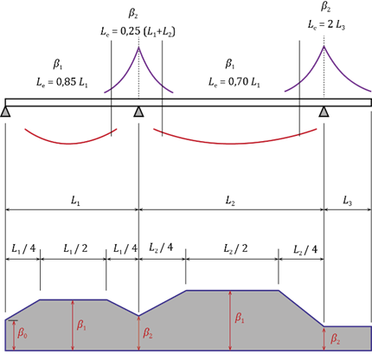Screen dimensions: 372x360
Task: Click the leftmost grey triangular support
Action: click(5, 112)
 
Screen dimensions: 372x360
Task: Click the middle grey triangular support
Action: click(138, 112)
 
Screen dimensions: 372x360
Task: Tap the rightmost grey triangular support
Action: click(324, 112)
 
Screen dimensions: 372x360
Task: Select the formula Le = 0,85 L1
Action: click(62, 82)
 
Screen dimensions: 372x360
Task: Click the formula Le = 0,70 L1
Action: click(234, 82)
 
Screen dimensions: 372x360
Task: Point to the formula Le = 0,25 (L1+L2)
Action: click(138, 31)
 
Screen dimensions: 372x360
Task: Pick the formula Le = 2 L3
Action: click(326, 24)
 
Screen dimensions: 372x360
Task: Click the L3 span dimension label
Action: click(347, 201)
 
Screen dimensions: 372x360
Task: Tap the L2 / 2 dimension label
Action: click(235, 248)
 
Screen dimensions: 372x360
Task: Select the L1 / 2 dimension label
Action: click(75, 248)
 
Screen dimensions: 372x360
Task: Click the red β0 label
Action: click(22, 333)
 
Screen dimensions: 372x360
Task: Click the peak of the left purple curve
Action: click(138, 47)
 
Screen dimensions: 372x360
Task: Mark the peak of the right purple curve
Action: click(324, 46)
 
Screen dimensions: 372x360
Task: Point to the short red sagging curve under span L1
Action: click(68, 144)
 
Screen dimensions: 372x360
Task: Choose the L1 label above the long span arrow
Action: click(75, 201)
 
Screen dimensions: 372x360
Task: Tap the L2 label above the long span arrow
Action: click(230, 201)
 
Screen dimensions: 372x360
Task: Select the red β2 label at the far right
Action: click(335, 338)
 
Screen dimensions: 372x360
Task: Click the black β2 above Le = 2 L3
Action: click(326, 7)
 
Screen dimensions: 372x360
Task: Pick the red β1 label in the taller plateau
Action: click(240, 318)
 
